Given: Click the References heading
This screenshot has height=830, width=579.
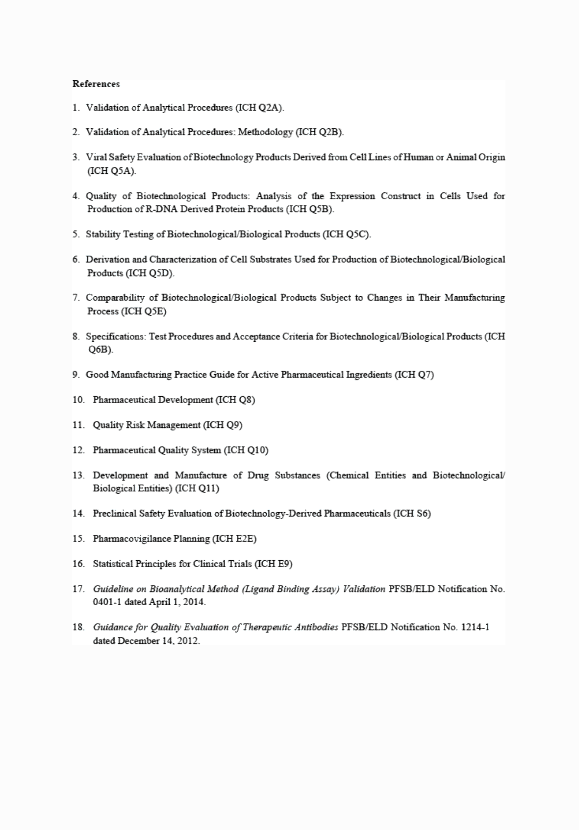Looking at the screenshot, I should coord(96,84).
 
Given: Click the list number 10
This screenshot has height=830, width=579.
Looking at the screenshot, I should coord(78,400).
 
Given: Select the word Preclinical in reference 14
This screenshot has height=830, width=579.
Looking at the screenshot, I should coord(115,514).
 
